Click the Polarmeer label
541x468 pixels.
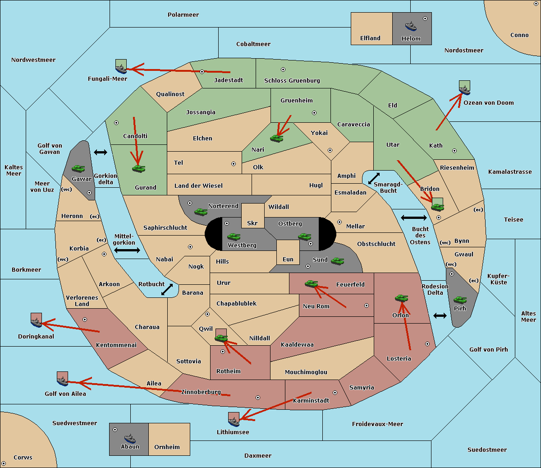(183, 15)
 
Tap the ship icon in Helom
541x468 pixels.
(410, 26)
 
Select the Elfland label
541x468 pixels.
(370, 38)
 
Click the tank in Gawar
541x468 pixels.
(78, 169)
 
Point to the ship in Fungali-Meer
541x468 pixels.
(121, 69)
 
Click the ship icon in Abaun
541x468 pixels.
(129, 438)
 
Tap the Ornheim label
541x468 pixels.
(167, 447)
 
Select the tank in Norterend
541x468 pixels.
(201, 212)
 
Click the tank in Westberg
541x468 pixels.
(234, 236)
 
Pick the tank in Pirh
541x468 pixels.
(460, 300)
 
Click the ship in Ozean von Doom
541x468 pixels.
(464, 89)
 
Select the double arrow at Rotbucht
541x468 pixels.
(167, 289)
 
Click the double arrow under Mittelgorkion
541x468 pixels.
(127, 250)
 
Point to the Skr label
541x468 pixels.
(252, 223)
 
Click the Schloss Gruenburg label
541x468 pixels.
(292, 81)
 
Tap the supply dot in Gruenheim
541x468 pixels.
(314, 113)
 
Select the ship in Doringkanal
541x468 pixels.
(36, 322)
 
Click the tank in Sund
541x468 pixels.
(337, 261)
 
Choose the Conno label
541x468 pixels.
(519, 35)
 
